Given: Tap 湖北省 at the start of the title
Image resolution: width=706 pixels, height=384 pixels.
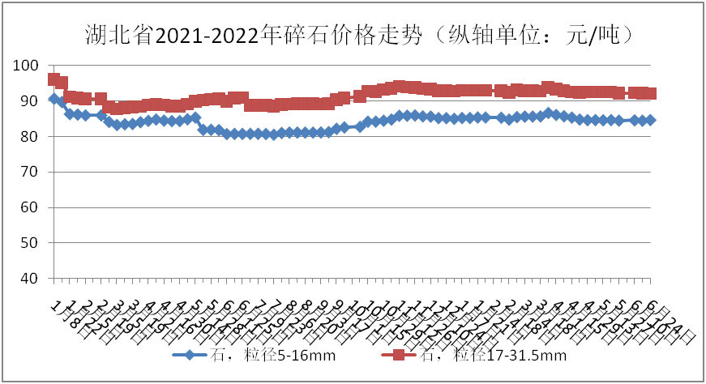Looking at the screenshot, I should pos(118,36).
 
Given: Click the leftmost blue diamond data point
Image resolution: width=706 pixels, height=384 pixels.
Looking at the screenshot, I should pos(53,99).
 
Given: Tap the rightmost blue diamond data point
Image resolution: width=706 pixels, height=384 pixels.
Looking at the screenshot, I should pos(651,120).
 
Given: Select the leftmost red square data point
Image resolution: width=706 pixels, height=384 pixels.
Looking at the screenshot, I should pos(53,79).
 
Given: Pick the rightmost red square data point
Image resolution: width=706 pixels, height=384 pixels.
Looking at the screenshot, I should pos(651,93).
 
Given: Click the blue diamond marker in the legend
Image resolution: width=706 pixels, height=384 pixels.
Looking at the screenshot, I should pos(189,355).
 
